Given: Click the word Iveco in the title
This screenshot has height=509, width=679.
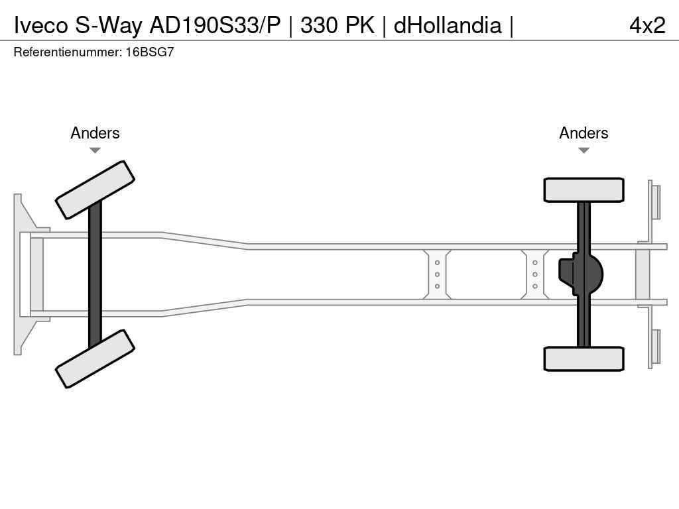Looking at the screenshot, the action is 41,25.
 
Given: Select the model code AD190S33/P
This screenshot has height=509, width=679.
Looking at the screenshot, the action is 215,25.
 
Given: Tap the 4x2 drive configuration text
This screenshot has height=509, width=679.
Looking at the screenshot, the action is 647,25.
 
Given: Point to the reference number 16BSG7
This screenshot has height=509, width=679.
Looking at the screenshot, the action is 150,52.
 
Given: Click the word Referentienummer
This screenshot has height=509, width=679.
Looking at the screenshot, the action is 68,52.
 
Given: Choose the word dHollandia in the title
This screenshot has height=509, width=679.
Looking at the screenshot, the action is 448,25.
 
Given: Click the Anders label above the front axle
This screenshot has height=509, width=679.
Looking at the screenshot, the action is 95,133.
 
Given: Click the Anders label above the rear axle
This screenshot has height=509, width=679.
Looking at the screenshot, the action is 584,133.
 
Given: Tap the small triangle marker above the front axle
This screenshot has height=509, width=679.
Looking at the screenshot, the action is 95,150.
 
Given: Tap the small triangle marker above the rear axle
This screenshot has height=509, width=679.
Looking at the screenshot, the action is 584,150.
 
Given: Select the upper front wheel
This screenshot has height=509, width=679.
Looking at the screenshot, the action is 95,190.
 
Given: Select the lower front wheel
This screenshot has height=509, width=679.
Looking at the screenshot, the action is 95,359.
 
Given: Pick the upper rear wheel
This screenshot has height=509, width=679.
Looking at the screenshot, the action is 584,190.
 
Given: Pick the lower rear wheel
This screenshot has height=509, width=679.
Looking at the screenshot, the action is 584,359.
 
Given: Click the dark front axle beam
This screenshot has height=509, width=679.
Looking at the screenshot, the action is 95,274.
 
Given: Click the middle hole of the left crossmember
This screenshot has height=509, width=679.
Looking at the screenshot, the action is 437,274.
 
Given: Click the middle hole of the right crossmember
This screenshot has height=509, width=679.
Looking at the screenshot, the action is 535,274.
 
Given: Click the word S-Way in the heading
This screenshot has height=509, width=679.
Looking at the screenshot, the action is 108,25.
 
